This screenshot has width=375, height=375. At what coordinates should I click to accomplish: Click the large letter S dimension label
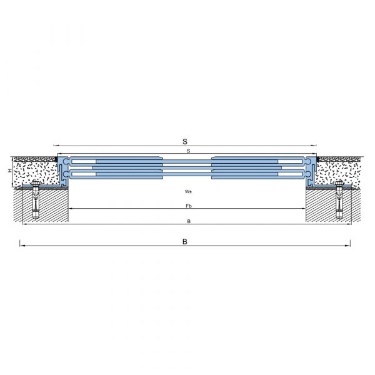tap(185, 141)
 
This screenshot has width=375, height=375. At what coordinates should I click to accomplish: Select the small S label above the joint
tap(189, 151)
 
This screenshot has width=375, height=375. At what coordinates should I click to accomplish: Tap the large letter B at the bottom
tap(184, 241)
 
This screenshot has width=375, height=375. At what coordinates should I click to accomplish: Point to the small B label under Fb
tap(189, 221)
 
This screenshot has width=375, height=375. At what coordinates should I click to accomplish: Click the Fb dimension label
tap(189, 206)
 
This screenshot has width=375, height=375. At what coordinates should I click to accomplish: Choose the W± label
tap(188, 192)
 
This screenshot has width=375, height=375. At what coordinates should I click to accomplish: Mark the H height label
tap(9, 171)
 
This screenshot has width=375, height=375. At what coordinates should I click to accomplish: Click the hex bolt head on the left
tap(36, 184)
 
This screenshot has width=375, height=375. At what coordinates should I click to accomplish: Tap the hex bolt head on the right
tap(339, 184)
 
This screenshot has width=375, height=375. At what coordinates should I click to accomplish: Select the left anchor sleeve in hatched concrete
tap(36, 202)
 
